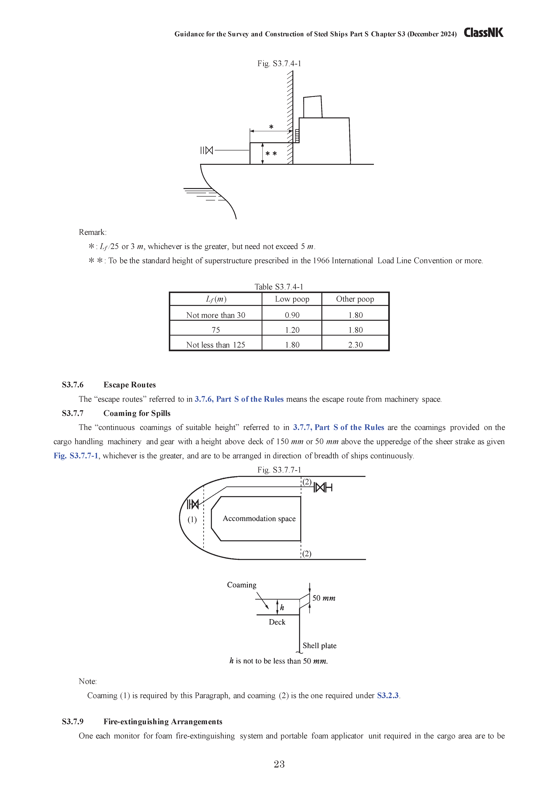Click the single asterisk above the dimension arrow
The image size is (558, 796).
point(271,127)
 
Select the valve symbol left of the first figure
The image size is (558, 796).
point(207,150)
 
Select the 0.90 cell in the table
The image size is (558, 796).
point(292,315)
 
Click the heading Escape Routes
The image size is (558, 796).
point(130,385)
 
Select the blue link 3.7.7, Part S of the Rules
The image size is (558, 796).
point(338,428)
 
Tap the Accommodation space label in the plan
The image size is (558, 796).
point(259,519)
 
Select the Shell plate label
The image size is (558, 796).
point(319,646)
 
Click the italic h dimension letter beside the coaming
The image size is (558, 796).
point(282,607)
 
